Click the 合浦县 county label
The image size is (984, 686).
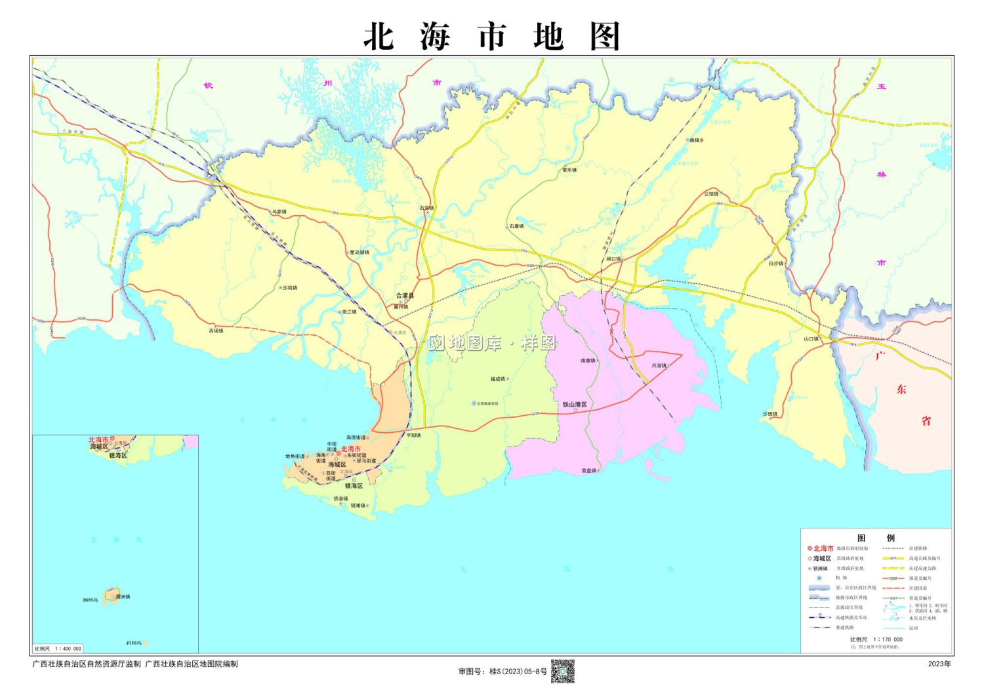[405, 296]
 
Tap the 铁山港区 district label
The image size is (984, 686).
[575, 405]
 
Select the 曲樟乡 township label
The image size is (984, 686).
[696, 140]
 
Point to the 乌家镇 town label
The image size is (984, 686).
[279, 212]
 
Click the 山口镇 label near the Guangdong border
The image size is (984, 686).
[811, 339]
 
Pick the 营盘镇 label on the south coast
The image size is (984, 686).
[589, 470]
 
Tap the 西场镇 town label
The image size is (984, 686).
[216, 331]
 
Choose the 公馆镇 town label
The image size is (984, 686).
[712, 193]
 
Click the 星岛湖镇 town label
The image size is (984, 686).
[359, 252]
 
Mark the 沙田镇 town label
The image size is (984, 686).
[770, 414]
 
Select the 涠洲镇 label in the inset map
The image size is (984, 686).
[123, 597]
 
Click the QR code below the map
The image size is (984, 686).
[562, 671]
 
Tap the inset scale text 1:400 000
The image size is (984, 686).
[68, 649]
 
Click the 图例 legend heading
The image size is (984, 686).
[875, 538]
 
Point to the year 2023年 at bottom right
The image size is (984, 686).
[939, 664]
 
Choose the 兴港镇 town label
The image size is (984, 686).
[659, 365]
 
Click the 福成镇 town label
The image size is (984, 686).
[498, 379]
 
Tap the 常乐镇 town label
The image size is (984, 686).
[569, 170]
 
